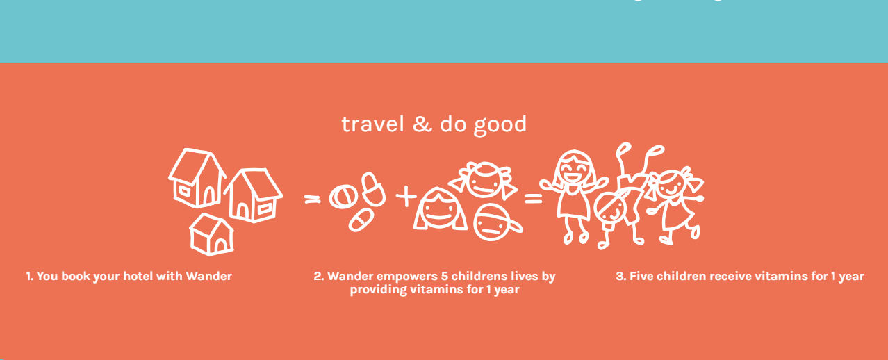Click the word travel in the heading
[x=372, y=124]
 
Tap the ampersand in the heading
[x=422, y=124]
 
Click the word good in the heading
[x=500, y=126]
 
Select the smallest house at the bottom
[x=212, y=234]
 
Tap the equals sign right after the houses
[x=312, y=199]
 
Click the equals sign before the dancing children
[x=533, y=199]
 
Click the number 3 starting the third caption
[x=620, y=276]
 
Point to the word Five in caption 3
[x=642, y=276]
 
